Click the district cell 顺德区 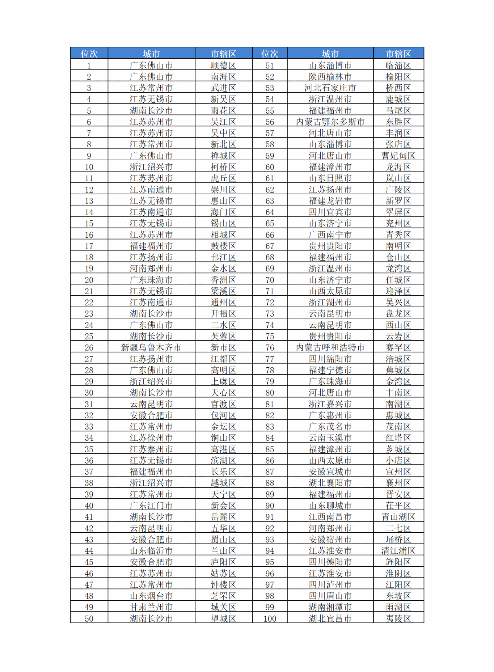223,65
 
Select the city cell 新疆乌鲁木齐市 151,347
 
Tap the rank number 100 270,618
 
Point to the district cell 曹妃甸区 398,156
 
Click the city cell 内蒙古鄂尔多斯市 330,122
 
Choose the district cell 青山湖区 398,517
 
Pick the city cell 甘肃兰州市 151,607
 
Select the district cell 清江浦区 398,551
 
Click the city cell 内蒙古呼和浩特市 330,347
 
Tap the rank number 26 89,347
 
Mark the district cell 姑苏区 223,573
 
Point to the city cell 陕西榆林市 330,77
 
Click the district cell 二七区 398,528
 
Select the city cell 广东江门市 151,506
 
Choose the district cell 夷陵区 398,618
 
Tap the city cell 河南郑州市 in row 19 151,269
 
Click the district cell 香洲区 223,280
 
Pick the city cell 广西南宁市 330,235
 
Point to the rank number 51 270,65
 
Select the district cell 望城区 223,618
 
